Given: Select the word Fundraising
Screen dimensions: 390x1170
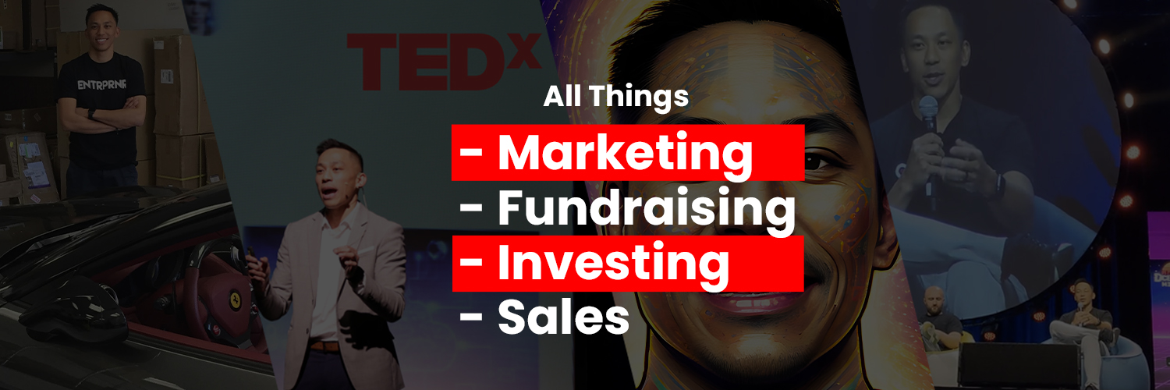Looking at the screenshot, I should [647, 210].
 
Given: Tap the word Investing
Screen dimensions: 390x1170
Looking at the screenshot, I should [613, 264].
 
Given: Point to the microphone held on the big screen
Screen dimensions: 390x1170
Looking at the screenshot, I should [927, 110].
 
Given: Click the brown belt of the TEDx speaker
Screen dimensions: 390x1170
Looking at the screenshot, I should [324, 346].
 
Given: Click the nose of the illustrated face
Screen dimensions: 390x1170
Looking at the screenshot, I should [749, 226].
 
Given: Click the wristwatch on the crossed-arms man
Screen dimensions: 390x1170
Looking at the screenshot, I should [91, 115].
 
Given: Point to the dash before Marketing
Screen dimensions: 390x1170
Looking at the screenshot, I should [470, 154].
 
